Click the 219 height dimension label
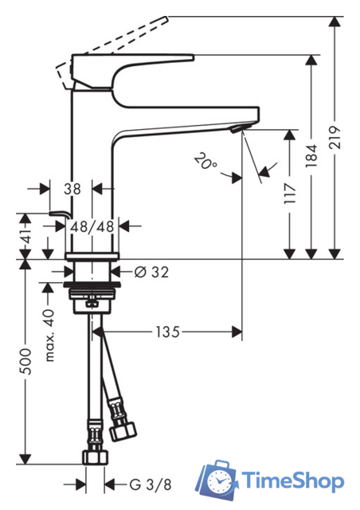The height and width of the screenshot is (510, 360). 335,137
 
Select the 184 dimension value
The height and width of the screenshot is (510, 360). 311,156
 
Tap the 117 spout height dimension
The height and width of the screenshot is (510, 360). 290,194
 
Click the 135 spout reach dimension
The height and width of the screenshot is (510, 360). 167,332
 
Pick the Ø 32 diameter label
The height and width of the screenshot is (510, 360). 152,272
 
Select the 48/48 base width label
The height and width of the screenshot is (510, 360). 92,226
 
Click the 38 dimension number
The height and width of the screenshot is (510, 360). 72,189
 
